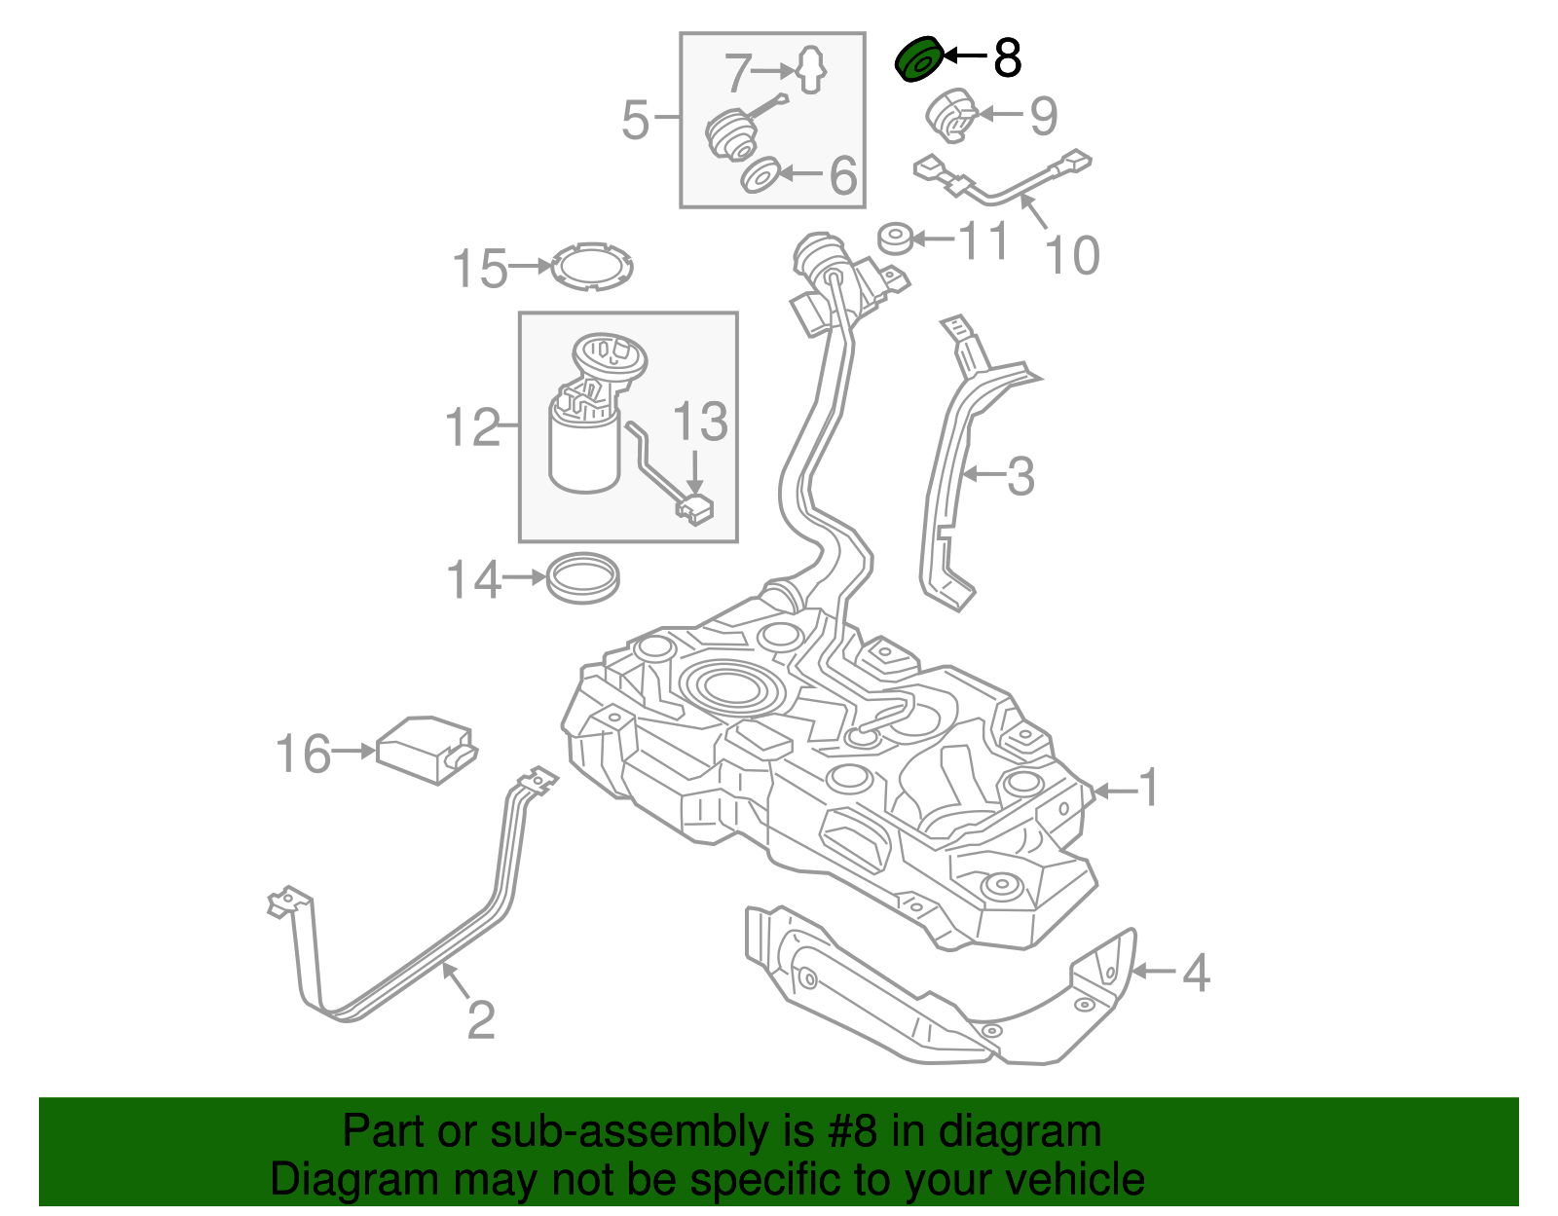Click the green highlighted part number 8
tap(919, 59)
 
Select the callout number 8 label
tap(1007, 58)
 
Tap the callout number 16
tap(303, 755)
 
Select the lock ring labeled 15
tap(592, 266)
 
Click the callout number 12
tap(472, 427)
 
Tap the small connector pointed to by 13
tap(694, 509)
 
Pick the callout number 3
tap(1020, 477)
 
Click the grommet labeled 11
tap(896, 238)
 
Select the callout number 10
tap(1071, 256)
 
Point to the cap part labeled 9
tap(950, 115)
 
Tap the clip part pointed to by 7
tap(811, 70)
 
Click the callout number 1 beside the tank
tap(1149, 788)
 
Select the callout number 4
tap(1196, 973)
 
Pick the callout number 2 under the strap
tap(481, 1019)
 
